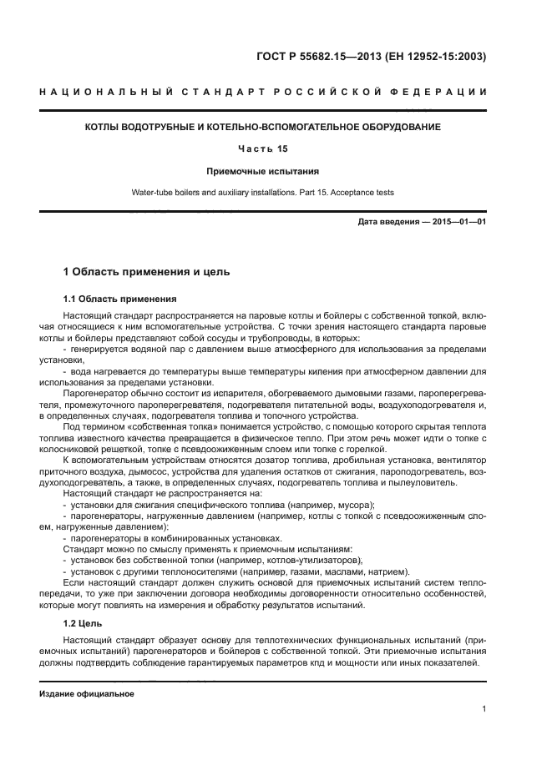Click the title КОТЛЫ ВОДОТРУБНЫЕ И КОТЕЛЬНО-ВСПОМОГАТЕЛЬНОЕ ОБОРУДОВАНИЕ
pos(263,127)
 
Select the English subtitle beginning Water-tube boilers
pos(263,193)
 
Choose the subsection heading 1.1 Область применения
pos(119,298)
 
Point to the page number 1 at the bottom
pos(484,709)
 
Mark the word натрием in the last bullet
pos(389,571)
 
